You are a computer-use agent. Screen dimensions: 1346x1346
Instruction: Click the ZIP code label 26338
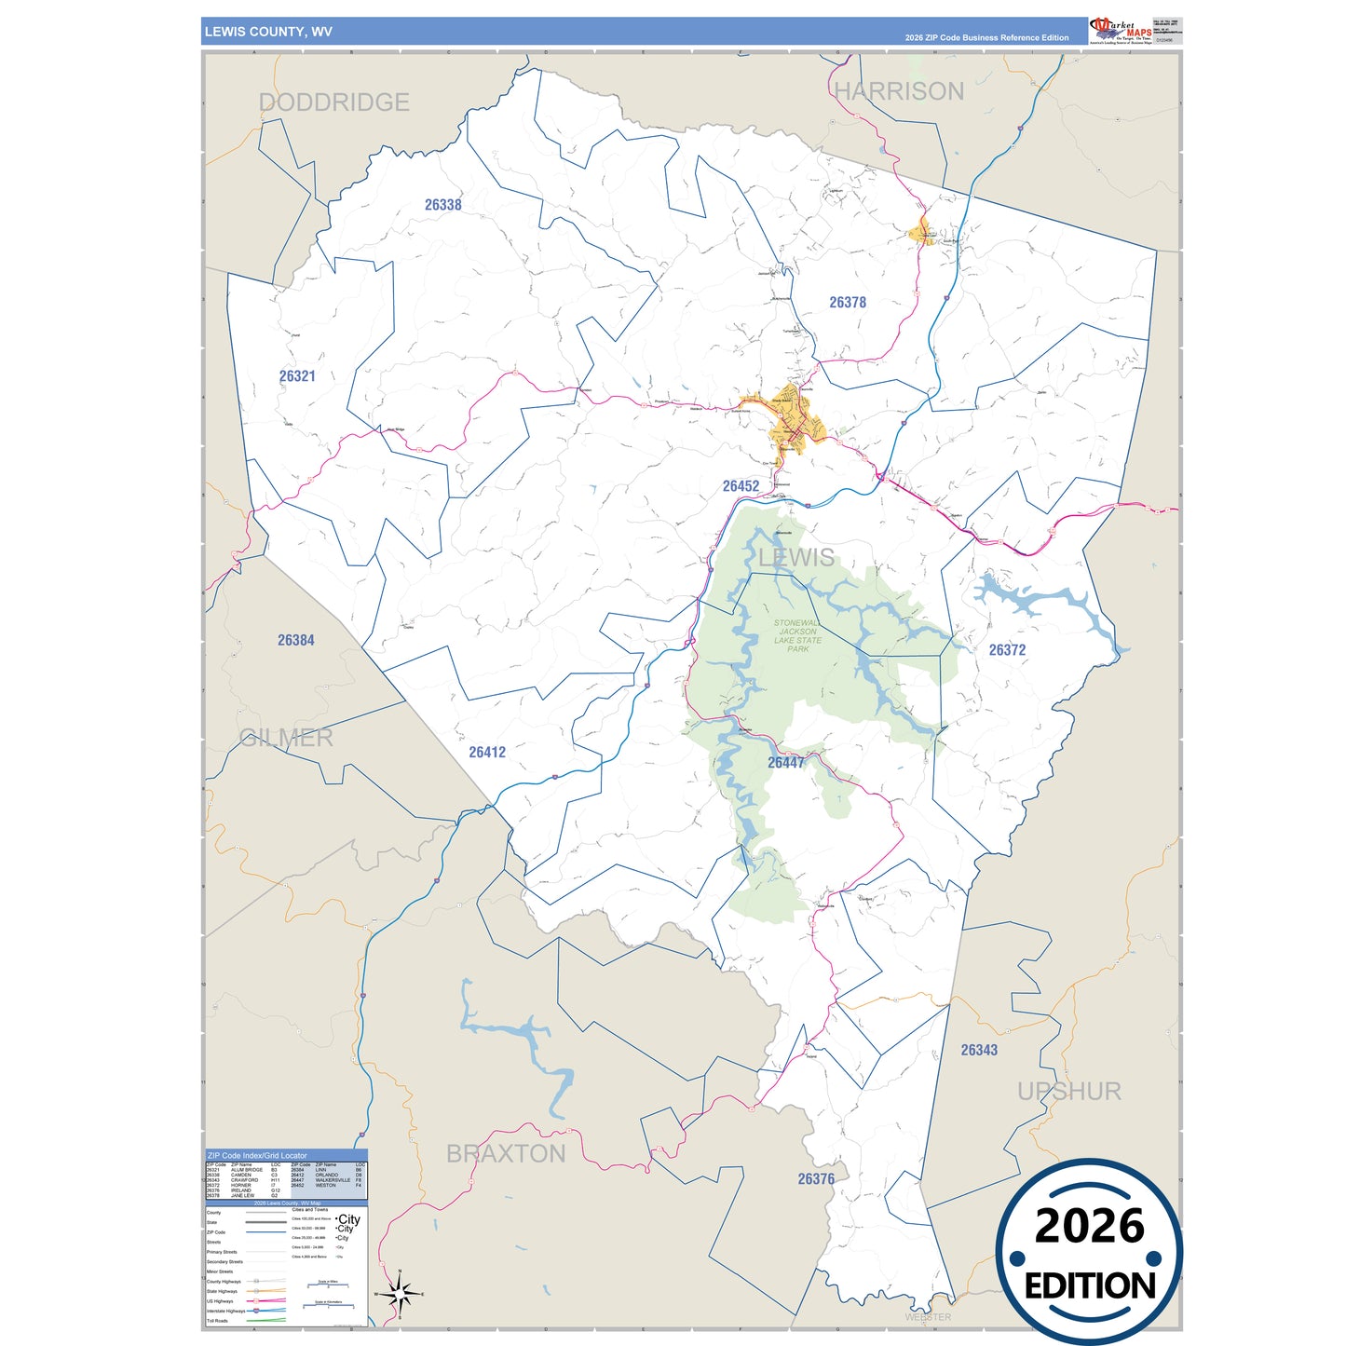442,205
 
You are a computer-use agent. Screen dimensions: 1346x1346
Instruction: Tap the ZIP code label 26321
297,376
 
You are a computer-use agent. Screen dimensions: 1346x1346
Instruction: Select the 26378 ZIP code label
848,303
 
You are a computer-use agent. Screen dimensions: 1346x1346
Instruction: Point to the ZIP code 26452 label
741,486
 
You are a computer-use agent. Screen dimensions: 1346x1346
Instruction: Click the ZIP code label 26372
1007,650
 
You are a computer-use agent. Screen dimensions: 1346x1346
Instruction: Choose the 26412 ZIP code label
487,753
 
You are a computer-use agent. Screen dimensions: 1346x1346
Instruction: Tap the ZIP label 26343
979,1050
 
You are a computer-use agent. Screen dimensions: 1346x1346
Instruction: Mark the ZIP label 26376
816,1179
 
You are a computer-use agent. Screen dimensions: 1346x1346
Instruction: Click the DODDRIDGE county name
334,102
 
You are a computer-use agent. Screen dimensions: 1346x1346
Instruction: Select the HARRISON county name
899,91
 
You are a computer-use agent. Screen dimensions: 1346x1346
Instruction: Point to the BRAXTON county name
506,1154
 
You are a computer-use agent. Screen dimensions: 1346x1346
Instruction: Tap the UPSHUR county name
1068,1091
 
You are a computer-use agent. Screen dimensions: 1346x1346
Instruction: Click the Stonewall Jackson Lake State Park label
797,636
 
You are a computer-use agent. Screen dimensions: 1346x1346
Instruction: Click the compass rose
400,1294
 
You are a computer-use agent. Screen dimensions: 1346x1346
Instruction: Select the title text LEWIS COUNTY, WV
268,32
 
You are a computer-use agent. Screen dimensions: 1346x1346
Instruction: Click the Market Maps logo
1120,30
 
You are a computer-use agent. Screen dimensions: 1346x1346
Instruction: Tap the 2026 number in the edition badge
1089,1226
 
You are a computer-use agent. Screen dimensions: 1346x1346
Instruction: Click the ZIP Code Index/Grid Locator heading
257,1155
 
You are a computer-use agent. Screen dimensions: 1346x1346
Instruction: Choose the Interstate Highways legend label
226,1311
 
